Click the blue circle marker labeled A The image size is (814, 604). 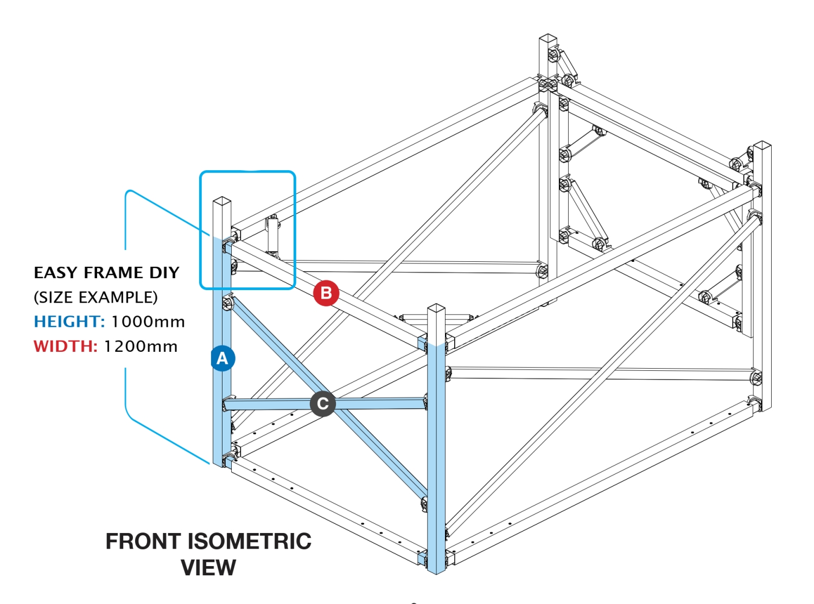pos(222,358)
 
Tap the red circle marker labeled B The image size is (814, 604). pos(326,293)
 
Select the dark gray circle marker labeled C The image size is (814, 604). pos(323,404)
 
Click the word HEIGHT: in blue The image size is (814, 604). pos(69,322)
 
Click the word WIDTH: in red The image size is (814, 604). pos(65,346)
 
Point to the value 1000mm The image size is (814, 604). pos(148,322)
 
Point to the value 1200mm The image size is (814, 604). pos(141,346)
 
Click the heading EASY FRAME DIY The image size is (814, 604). pos(106,272)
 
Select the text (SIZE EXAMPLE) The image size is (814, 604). pos(96,297)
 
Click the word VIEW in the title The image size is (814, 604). pos(208,568)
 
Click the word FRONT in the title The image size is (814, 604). pos(143,541)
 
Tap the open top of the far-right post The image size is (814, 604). pos(762,145)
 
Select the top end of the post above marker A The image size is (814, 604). pos(222,201)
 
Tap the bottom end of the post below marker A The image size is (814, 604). pos(221,462)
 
